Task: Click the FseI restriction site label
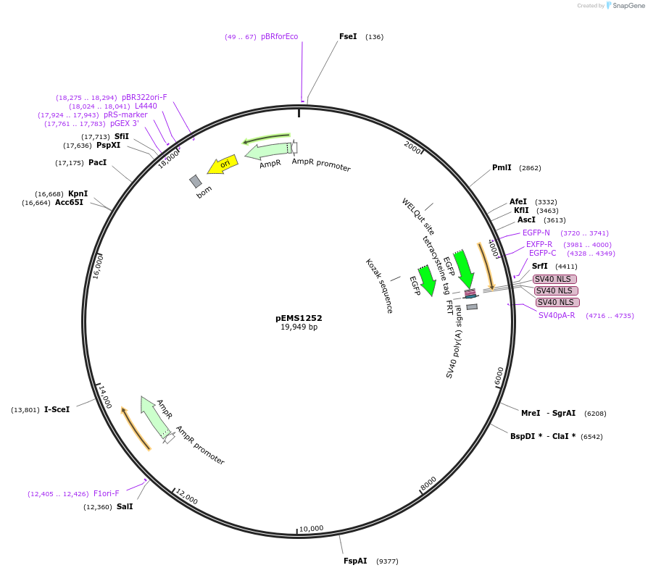click(x=348, y=36)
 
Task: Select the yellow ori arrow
click(x=223, y=165)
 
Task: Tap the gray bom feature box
click(x=196, y=180)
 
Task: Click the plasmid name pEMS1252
click(x=299, y=318)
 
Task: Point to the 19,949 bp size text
click(x=299, y=327)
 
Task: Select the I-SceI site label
click(x=57, y=410)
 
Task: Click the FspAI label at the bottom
click(x=355, y=561)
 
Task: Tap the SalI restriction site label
click(x=125, y=507)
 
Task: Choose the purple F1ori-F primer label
click(x=106, y=494)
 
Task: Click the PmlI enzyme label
click(x=502, y=168)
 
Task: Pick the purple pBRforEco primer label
click(x=279, y=37)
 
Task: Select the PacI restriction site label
click(x=97, y=163)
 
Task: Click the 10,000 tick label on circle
click(x=312, y=528)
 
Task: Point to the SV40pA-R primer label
click(x=557, y=315)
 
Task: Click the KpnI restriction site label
click(x=78, y=193)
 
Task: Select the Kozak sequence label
click(x=379, y=286)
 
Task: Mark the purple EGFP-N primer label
click(x=536, y=233)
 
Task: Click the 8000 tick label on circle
click(x=428, y=482)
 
